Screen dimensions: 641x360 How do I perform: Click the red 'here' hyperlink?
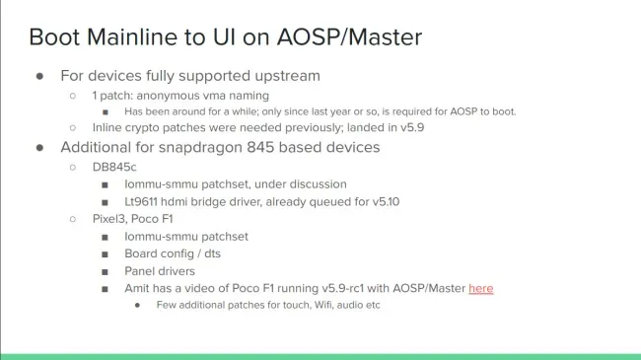coord(481,288)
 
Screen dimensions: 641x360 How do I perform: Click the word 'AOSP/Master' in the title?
coord(349,37)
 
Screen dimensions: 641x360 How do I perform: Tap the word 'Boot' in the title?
coord(54,37)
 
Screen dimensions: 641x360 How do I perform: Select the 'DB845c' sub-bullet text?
coord(114,167)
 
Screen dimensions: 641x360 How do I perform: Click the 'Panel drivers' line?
coord(160,271)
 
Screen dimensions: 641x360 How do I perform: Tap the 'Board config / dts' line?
coord(173,253)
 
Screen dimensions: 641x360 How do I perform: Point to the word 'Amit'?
coord(136,288)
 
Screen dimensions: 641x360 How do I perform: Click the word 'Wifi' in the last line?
coord(323,305)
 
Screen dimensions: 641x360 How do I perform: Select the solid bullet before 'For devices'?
coord(39,76)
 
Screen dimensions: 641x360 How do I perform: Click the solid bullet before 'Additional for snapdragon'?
coord(39,148)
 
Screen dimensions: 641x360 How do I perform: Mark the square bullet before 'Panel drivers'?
coord(106,272)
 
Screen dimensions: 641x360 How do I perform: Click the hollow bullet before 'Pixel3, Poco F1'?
coord(73,219)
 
